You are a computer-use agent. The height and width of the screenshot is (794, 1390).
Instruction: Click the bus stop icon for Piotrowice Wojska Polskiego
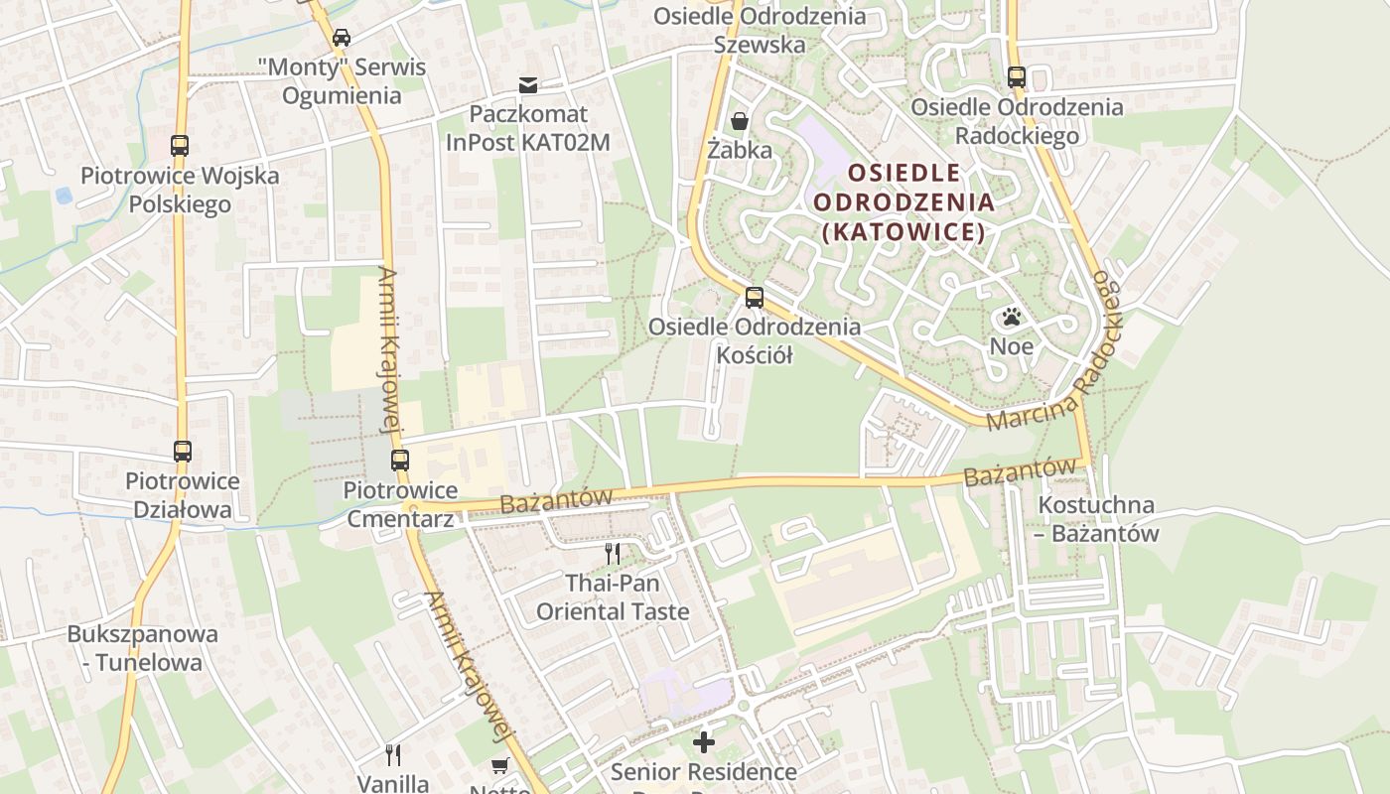click(180, 146)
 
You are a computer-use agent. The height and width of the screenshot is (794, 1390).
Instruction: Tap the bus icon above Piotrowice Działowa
click(183, 452)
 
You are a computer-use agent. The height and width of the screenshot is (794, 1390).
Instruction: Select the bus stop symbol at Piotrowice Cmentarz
click(400, 461)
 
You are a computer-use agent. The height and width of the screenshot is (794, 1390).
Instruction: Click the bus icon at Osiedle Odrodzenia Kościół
click(755, 297)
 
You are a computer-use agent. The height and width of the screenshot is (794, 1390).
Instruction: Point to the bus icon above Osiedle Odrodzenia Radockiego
click(1016, 76)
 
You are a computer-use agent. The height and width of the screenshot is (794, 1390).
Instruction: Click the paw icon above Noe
click(1012, 318)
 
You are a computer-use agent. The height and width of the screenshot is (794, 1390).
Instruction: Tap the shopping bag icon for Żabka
click(740, 121)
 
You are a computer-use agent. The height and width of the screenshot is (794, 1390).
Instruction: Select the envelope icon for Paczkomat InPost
click(528, 85)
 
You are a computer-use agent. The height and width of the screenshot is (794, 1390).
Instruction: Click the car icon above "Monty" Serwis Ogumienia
click(342, 38)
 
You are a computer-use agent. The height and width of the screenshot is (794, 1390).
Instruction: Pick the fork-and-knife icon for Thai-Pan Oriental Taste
click(613, 553)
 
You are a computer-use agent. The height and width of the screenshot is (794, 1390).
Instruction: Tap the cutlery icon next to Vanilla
click(393, 755)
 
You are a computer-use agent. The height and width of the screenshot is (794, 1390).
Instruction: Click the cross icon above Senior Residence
click(704, 741)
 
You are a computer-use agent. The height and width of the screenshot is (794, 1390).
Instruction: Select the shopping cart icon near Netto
click(500, 766)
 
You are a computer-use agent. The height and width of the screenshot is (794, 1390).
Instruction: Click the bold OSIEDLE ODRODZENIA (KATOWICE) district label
click(903, 202)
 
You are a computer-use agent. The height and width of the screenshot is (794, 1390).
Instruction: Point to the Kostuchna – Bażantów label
click(1096, 519)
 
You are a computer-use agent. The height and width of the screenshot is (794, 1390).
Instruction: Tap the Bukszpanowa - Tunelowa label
click(135, 648)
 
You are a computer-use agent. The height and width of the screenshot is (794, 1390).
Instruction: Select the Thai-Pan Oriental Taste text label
click(613, 596)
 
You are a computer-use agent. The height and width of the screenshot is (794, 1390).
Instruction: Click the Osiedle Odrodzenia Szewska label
click(760, 31)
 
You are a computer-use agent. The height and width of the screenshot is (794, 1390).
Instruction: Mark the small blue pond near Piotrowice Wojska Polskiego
click(65, 196)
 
